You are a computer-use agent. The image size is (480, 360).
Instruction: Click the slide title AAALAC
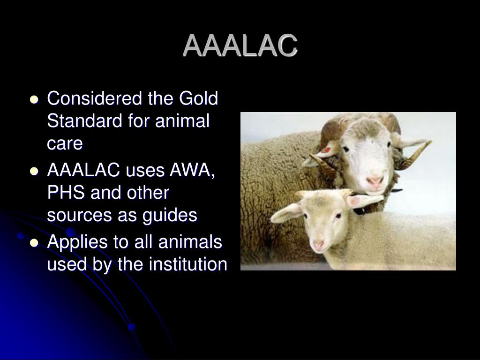click(x=240, y=46)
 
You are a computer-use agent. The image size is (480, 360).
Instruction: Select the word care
click(x=65, y=144)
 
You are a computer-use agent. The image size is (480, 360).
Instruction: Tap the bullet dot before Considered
click(x=34, y=100)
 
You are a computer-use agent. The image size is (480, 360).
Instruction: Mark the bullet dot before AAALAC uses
click(x=34, y=172)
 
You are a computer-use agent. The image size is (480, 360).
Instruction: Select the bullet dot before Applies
click(x=34, y=243)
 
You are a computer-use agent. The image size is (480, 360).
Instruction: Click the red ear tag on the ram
click(x=325, y=150)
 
